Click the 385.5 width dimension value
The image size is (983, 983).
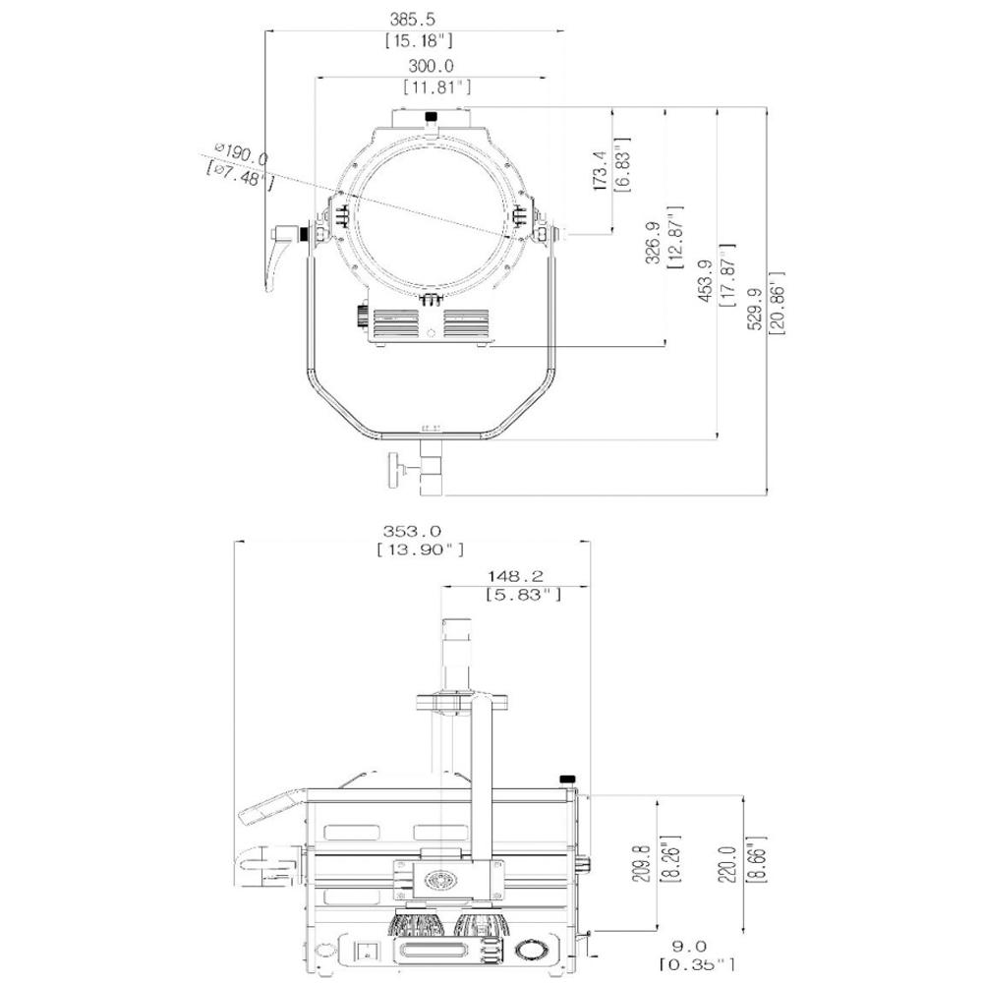[412, 20]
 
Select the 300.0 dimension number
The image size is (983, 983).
[431, 66]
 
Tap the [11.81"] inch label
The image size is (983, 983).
[437, 87]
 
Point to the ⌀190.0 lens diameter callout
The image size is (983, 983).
[242, 153]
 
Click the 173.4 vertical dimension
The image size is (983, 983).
[600, 170]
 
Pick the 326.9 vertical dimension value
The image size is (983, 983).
[653, 242]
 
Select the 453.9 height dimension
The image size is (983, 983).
[705, 280]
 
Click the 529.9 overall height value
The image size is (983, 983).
[755, 309]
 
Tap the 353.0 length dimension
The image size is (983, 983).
[413, 531]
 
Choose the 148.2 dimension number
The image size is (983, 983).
[515, 575]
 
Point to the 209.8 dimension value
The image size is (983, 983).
[641, 863]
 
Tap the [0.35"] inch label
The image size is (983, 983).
[696, 965]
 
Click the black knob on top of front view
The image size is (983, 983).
[431, 116]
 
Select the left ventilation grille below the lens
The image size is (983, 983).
[395, 323]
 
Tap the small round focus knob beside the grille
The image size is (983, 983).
[363, 315]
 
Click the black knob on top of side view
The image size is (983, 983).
[567, 780]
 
